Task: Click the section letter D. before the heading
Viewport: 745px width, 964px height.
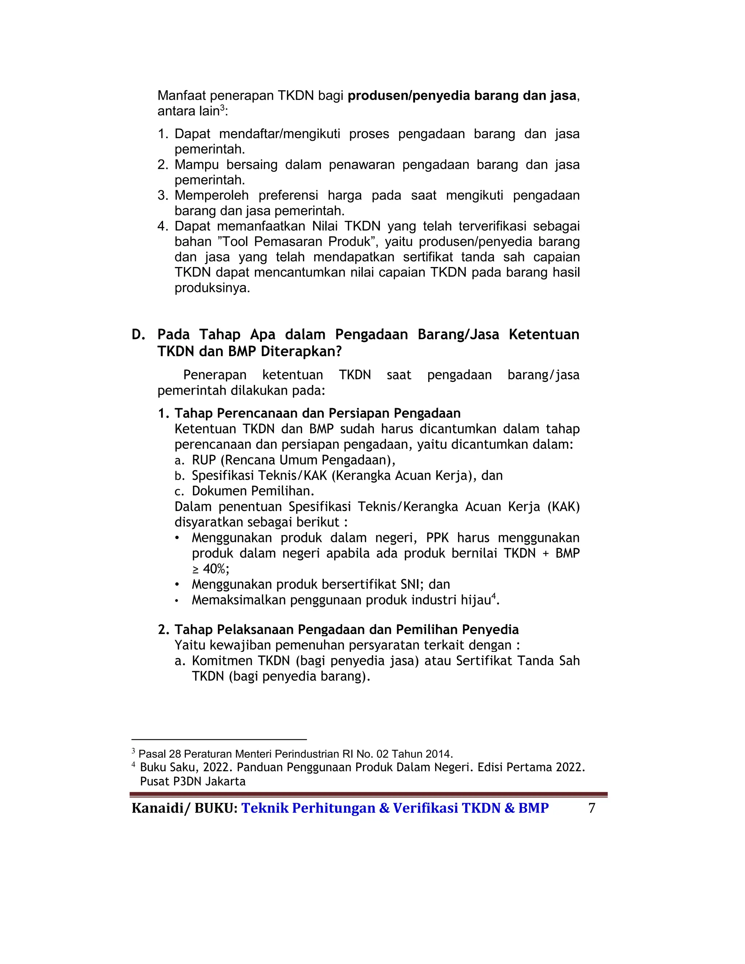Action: click(138, 335)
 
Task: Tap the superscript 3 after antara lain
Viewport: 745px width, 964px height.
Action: click(222, 108)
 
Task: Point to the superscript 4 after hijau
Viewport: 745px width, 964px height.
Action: click(494, 596)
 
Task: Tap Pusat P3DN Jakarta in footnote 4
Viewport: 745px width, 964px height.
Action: click(192, 782)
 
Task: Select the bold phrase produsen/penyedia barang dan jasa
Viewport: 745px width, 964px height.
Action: click(462, 96)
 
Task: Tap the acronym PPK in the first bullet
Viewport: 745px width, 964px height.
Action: click(437, 538)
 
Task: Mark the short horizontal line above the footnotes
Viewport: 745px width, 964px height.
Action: click(219, 739)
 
